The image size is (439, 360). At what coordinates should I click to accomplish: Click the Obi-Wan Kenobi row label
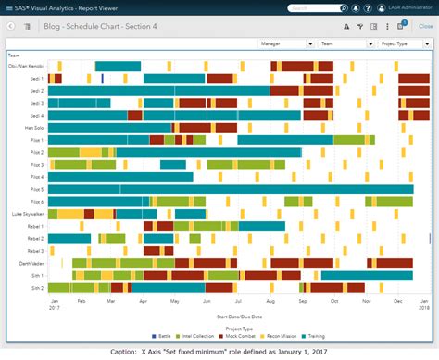pyautogui.click(x=26, y=67)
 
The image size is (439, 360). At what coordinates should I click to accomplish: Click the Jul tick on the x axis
pyautogui.click(x=239, y=300)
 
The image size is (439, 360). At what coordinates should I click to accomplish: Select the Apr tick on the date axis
pyautogui.click(x=143, y=300)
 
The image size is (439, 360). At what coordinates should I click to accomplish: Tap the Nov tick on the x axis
pyautogui.click(x=366, y=300)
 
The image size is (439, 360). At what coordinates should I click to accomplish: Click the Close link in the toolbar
pyautogui.click(x=426, y=26)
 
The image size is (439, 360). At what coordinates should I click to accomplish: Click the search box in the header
pyautogui.click(x=309, y=7)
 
